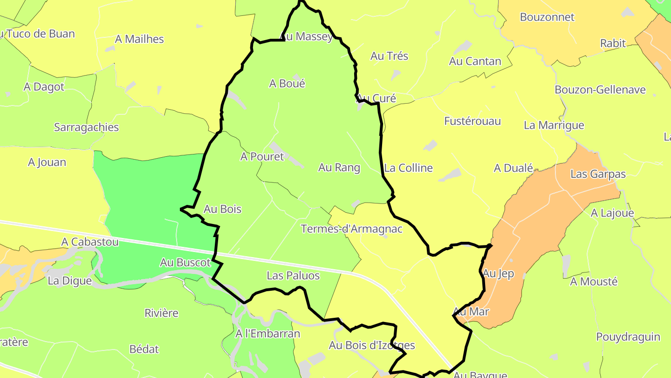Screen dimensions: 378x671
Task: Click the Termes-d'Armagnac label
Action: click(x=351, y=229)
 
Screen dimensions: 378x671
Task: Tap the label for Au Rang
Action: click(x=339, y=168)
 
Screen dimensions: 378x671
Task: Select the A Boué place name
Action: click(x=287, y=84)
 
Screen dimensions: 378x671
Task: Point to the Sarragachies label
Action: click(x=86, y=127)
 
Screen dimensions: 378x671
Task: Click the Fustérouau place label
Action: click(x=472, y=121)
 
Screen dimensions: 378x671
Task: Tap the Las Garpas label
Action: click(x=598, y=174)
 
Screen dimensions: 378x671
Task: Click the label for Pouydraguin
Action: click(x=628, y=337)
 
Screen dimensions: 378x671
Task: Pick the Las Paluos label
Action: click(x=293, y=276)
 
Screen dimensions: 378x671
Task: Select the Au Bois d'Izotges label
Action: click(x=371, y=346)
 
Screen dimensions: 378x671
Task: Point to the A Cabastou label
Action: click(x=90, y=242)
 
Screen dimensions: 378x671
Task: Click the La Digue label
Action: click(x=70, y=281)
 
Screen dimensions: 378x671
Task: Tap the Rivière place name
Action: click(x=161, y=313)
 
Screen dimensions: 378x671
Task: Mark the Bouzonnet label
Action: click(x=547, y=17)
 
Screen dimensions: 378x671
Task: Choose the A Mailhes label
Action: click(x=139, y=39)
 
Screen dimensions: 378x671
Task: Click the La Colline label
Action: click(x=408, y=168)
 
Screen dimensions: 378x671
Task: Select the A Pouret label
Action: click(x=262, y=157)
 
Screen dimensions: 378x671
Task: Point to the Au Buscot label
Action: click(x=185, y=263)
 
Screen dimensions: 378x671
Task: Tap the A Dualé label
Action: click(x=513, y=168)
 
